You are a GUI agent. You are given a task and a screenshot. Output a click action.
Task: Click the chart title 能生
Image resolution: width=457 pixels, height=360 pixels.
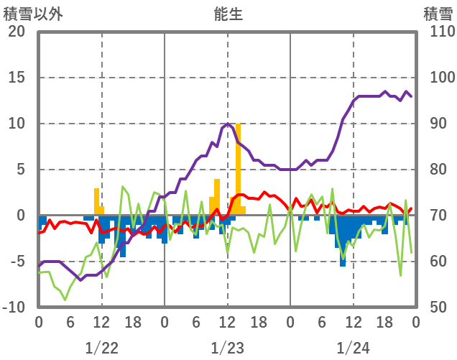pos(228,14)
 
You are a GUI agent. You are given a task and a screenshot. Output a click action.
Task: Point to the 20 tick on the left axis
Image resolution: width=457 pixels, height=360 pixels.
pos(17,32)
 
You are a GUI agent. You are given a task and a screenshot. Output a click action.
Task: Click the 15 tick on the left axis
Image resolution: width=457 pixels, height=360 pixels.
pos(17,78)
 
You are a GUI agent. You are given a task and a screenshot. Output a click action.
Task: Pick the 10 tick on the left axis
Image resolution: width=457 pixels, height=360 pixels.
pos(17,124)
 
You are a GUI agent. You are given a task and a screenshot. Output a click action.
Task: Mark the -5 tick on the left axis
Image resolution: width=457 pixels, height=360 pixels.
pos(17,262)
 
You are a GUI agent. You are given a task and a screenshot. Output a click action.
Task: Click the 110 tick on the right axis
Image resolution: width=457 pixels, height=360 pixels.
pos(438,32)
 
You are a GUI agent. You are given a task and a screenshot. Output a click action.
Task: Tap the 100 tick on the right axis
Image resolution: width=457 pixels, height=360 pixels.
pos(438,78)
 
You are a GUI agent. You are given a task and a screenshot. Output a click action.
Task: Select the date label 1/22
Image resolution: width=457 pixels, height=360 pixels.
pos(101,348)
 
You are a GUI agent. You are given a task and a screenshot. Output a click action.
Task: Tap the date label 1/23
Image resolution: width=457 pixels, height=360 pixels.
pos(228,348)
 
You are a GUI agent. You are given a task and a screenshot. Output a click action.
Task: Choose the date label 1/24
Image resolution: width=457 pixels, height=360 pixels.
pos(353,348)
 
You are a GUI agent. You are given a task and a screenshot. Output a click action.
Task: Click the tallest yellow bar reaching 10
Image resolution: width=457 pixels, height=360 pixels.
pos(238,169)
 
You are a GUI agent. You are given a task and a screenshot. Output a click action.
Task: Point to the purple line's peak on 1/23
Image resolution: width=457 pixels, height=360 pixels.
pos(228,124)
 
